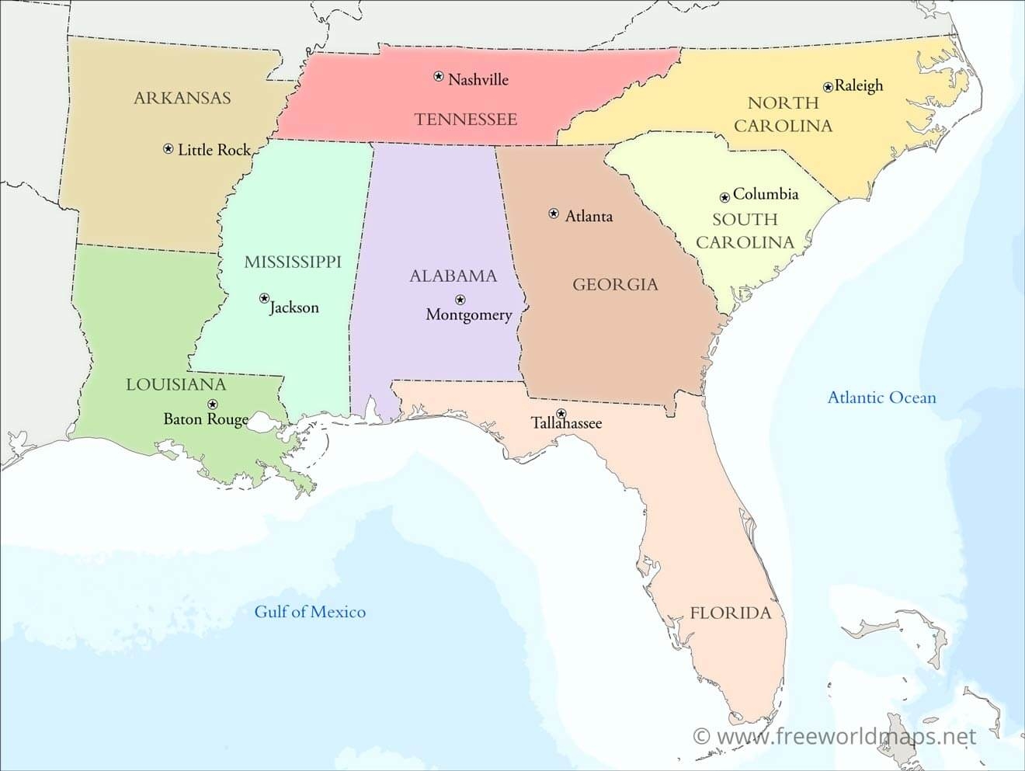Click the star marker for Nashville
click(x=439, y=76)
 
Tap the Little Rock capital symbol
click(x=169, y=148)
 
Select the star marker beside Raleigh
click(x=828, y=87)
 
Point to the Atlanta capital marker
click(x=554, y=214)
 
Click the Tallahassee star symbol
click(x=561, y=413)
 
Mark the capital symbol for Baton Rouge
click(x=212, y=404)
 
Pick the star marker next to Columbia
click(x=724, y=197)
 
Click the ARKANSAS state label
click(x=182, y=98)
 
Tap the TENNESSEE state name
click(x=466, y=120)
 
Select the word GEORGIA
click(x=615, y=285)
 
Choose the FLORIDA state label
click(x=731, y=613)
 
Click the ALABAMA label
click(x=453, y=276)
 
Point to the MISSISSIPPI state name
click(x=293, y=262)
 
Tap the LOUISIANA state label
click(x=176, y=385)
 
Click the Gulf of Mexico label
click(x=310, y=612)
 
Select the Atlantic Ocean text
click(x=881, y=398)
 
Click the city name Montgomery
click(x=469, y=315)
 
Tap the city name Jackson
click(x=294, y=307)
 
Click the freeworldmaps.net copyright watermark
click(x=834, y=736)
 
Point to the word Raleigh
click(x=859, y=85)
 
